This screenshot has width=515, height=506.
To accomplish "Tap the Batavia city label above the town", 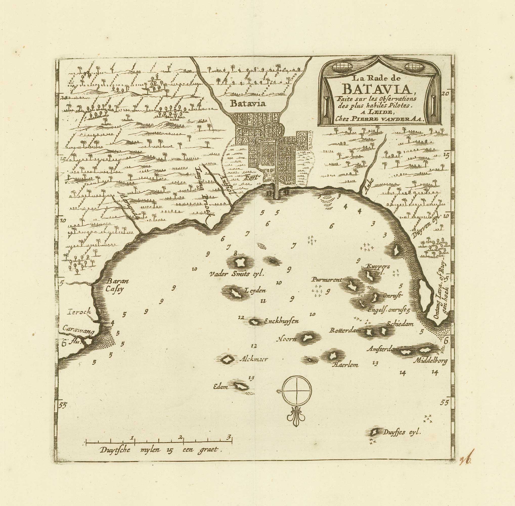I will [x=248, y=103].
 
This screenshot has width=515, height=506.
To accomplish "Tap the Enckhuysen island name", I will [x=282, y=321].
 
